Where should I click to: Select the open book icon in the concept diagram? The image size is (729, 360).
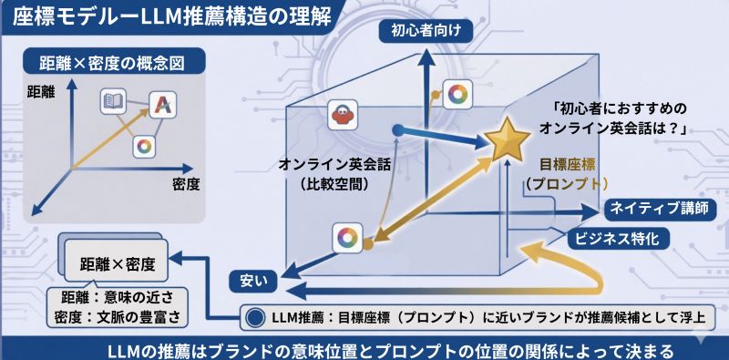tap(114, 102)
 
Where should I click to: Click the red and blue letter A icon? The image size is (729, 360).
tap(161, 104)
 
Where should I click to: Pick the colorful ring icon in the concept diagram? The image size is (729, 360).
tap(143, 147)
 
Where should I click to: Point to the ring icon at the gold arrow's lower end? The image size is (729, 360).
tap(347, 238)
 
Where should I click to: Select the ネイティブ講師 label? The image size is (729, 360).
tap(656, 209)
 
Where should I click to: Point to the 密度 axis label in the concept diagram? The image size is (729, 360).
tap(185, 184)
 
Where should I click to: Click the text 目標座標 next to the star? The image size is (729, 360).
tap(567, 164)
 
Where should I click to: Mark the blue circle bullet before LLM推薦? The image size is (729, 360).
tap(254, 318)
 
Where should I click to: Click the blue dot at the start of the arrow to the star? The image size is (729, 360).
tap(396, 130)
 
